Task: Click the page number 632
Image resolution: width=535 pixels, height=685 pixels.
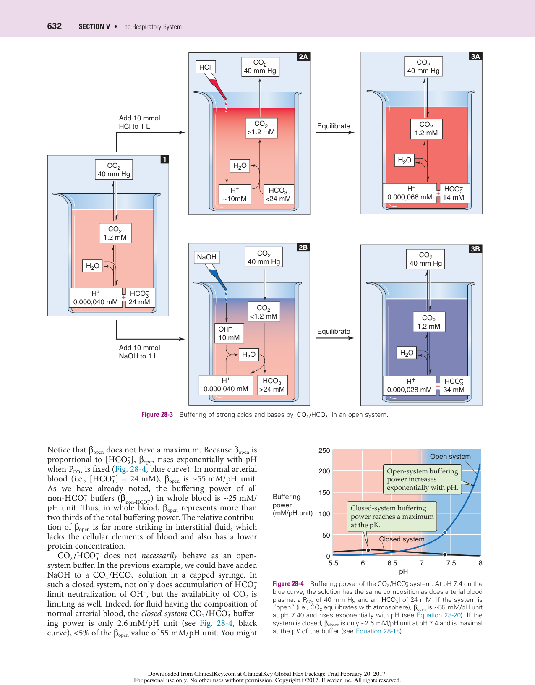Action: pyautogui.click(x=55, y=26)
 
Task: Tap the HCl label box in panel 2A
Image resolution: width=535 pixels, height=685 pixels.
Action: pyautogui.click(x=205, y=67)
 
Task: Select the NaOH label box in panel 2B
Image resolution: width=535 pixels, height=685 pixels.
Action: pyautogui.click(x=206, y=257)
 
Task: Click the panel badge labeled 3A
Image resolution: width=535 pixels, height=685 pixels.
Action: pyautogui.click(x=475, y=56)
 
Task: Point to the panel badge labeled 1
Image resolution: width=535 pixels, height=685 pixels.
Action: pyautogui.click(x=165, y=159)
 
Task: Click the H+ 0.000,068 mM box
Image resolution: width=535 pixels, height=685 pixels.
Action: pyautogui.click(x=410, y=193)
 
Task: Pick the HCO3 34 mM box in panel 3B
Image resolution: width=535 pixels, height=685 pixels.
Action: pyautogui.click(x=454, y=385)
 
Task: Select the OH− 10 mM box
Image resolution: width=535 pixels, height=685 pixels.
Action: pyautogui.click(x=229, y=333)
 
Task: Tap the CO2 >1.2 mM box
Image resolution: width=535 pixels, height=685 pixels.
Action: pyautogui.click(x=261, y=128)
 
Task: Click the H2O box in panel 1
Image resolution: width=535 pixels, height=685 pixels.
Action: pyautogui.click(x=92, y=266)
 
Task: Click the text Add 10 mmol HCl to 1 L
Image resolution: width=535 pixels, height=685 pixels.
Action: pyautogui.click(x=139, y=122)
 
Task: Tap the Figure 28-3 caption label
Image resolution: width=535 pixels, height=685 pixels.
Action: pyautogui.click(x=157, y=415)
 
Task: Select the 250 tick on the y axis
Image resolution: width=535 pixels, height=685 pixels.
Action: pyautogui.click(x=324, y=451)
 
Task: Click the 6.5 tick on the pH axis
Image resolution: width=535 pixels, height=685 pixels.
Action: pyautogui.click(x=392, y=563)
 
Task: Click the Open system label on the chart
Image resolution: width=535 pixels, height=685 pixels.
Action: pyautogui.click(x=450, y=456)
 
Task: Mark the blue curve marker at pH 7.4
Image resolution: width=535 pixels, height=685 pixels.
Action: pyautogui.click(x=445, y=532)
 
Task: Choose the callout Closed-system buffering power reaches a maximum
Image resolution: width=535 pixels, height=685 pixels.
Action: pyautogui.click(x=392, y=516)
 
